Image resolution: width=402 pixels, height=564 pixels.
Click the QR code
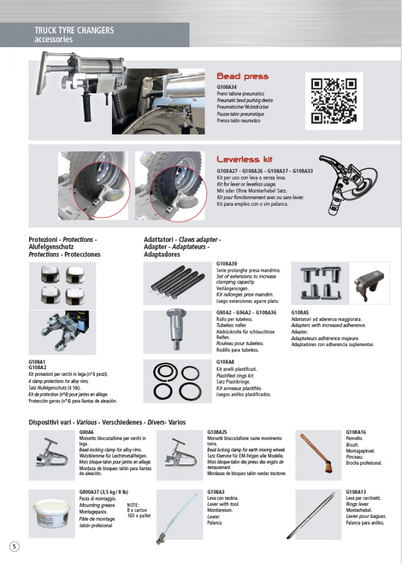332,101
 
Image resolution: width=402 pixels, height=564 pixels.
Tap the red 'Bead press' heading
242,77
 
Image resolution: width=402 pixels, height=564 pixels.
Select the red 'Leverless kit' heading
245,160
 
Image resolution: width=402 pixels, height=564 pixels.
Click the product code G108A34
228,88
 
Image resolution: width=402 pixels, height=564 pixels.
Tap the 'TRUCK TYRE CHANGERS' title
74,30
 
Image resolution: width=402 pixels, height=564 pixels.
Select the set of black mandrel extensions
178,283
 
